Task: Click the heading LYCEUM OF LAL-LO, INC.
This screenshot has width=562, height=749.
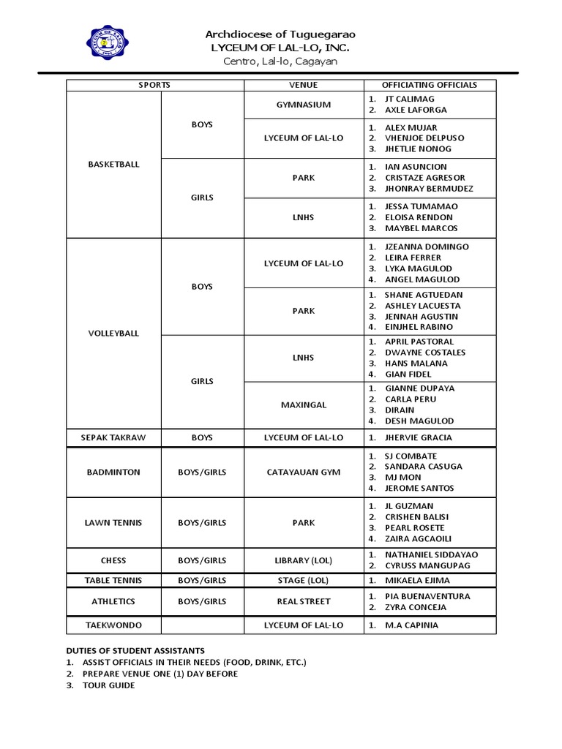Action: [280, 48]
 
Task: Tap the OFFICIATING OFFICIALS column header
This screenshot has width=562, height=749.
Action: [429, 85]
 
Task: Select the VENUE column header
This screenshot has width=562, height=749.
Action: [303, 85]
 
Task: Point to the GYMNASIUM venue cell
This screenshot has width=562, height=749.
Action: [303, 105]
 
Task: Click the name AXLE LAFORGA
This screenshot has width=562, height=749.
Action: [416, 110]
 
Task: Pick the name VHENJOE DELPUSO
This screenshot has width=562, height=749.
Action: [424, 138]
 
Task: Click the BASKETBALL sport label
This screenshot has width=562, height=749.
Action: [113, 165]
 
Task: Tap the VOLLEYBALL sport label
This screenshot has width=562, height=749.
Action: [113, 333]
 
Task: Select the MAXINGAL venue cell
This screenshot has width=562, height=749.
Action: [303, 404]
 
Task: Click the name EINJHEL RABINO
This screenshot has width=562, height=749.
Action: [419, 327]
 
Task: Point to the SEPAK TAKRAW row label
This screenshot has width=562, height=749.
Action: [113, 437]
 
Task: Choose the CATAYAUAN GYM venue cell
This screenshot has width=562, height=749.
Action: [303, 472]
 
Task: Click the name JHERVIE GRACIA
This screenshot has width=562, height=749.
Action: [419, 437]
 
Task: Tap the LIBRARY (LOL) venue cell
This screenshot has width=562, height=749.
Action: [303, 560]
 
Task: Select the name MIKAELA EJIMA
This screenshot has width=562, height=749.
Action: [417, 580]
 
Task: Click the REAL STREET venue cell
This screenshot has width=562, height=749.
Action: [303, 601]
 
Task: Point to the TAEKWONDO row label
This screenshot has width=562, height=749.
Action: [113, 625]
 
